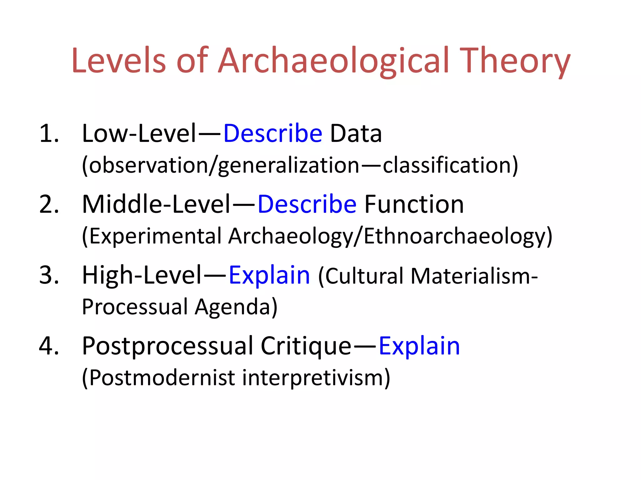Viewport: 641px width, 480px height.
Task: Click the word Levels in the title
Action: point(118,61)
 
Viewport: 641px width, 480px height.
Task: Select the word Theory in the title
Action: point(515,61)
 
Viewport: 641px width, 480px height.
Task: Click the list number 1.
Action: point(49,134)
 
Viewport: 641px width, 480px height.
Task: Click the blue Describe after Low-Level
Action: point(273,134)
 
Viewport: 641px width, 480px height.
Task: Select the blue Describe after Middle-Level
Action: point(307,204)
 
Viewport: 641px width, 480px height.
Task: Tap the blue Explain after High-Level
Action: point(269,275)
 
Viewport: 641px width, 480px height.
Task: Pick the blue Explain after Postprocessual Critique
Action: point(419,346)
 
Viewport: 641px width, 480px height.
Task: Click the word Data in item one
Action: point(356,134)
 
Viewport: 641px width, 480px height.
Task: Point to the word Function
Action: point(414,204)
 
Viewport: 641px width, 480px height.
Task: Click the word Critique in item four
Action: point(306,346)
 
